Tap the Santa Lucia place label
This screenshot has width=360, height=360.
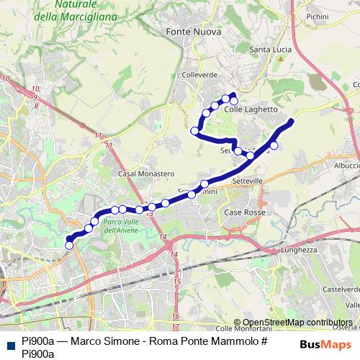click(269, 50)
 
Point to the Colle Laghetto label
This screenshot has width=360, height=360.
click(251, 109)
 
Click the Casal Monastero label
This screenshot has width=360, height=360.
click(146, 174)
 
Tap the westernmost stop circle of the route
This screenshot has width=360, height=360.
click(69, 245)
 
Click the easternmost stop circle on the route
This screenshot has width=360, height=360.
click(274, 145)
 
